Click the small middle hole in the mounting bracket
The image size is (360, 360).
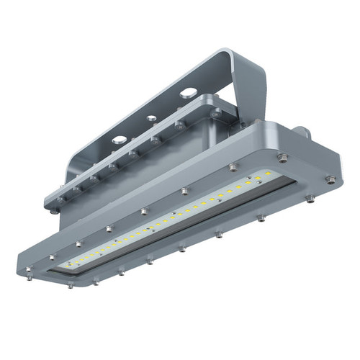pyautogui.click(x=151, y=118)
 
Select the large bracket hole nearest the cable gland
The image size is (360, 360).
pyautogui.click(x=187, y=93)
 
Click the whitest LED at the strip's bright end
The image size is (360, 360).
pyautogui.click(x=267, y=174)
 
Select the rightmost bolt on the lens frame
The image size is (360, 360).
pyautogui.click(x=330, y=179)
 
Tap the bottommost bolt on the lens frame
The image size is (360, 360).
pyautogui.click(x=71, y=285)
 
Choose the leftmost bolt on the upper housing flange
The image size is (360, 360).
pyautogui.click(x=56, y=211)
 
